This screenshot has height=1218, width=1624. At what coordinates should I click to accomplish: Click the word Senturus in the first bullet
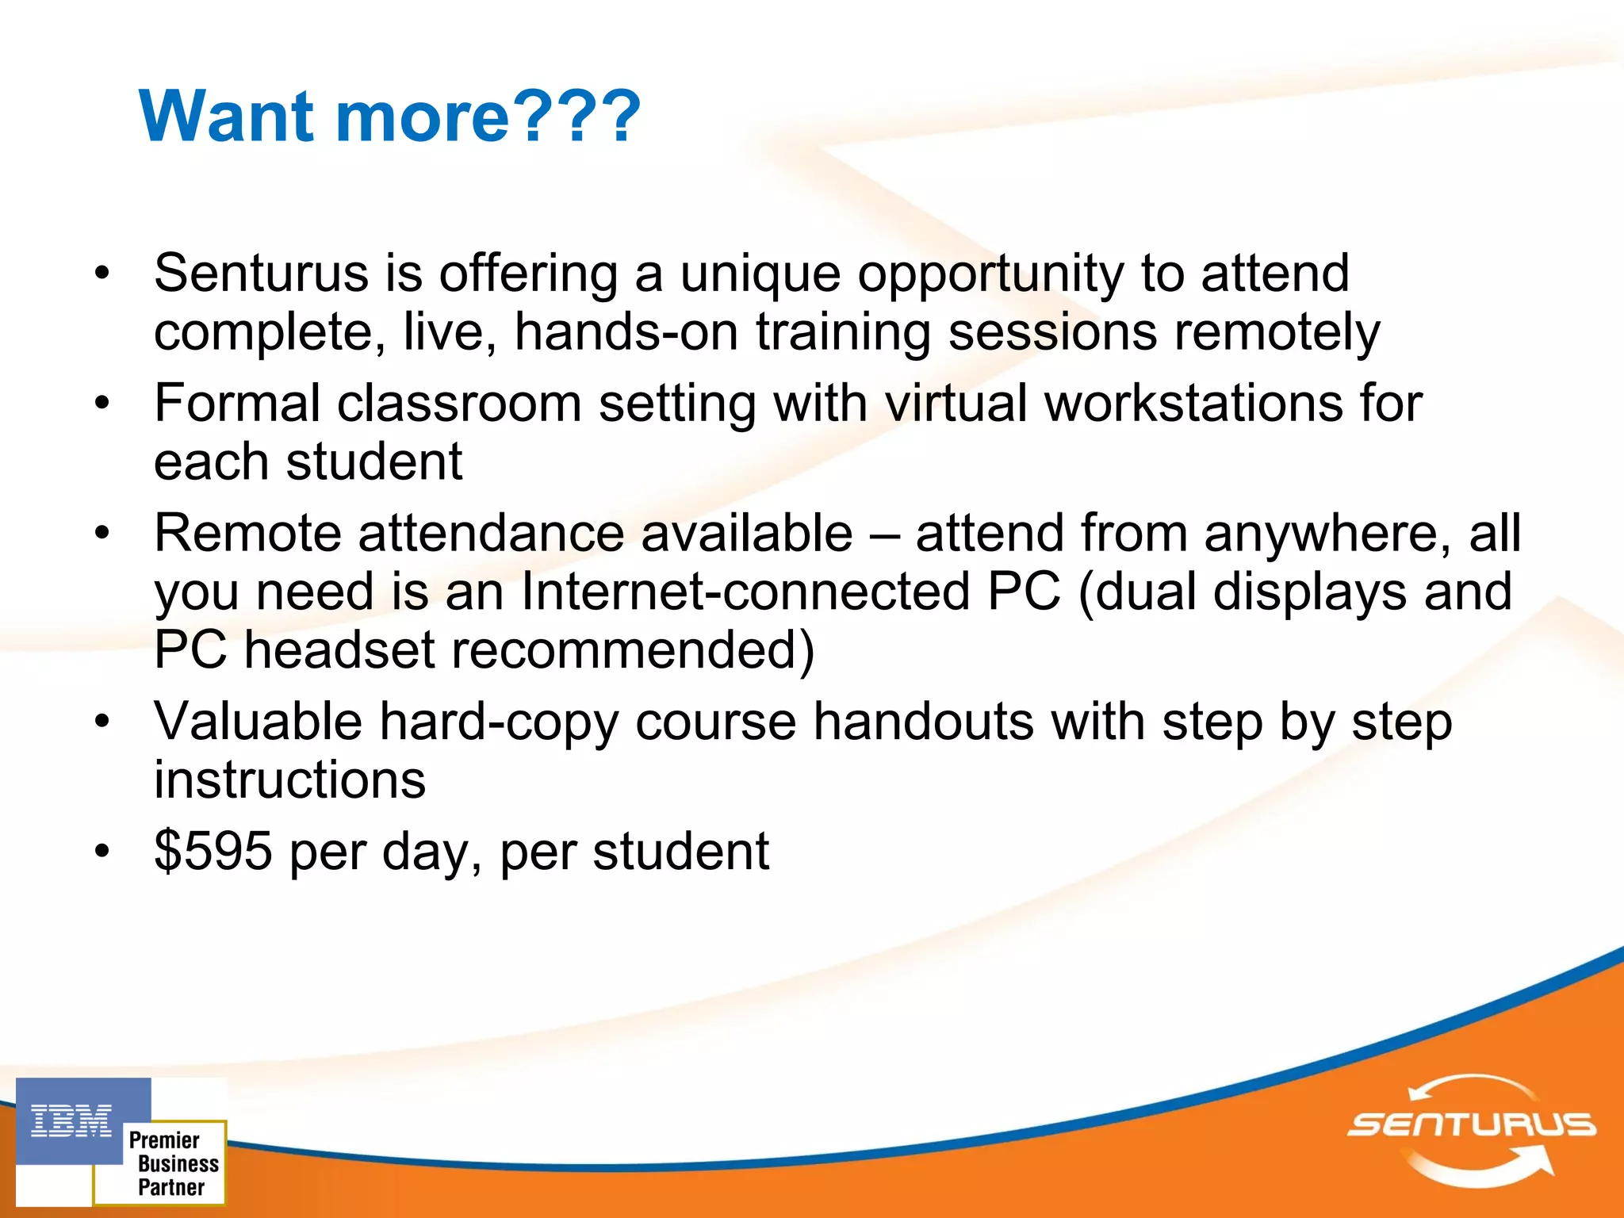261,274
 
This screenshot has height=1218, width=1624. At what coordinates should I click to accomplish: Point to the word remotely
1277,332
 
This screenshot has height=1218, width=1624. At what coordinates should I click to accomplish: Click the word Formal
237,403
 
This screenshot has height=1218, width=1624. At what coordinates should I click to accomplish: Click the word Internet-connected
745,592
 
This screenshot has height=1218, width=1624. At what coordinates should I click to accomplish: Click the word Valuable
258,722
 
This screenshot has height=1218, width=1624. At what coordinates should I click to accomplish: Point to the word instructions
289,780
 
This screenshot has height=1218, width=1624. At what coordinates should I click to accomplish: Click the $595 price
213,851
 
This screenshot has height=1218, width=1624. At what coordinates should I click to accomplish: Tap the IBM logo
71,1121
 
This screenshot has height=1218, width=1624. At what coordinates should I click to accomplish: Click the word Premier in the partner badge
164,1140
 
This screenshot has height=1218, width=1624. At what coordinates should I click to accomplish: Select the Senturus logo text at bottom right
1471,1124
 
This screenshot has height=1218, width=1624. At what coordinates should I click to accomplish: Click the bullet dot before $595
101,852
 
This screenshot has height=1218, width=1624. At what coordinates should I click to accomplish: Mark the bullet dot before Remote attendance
101,533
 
